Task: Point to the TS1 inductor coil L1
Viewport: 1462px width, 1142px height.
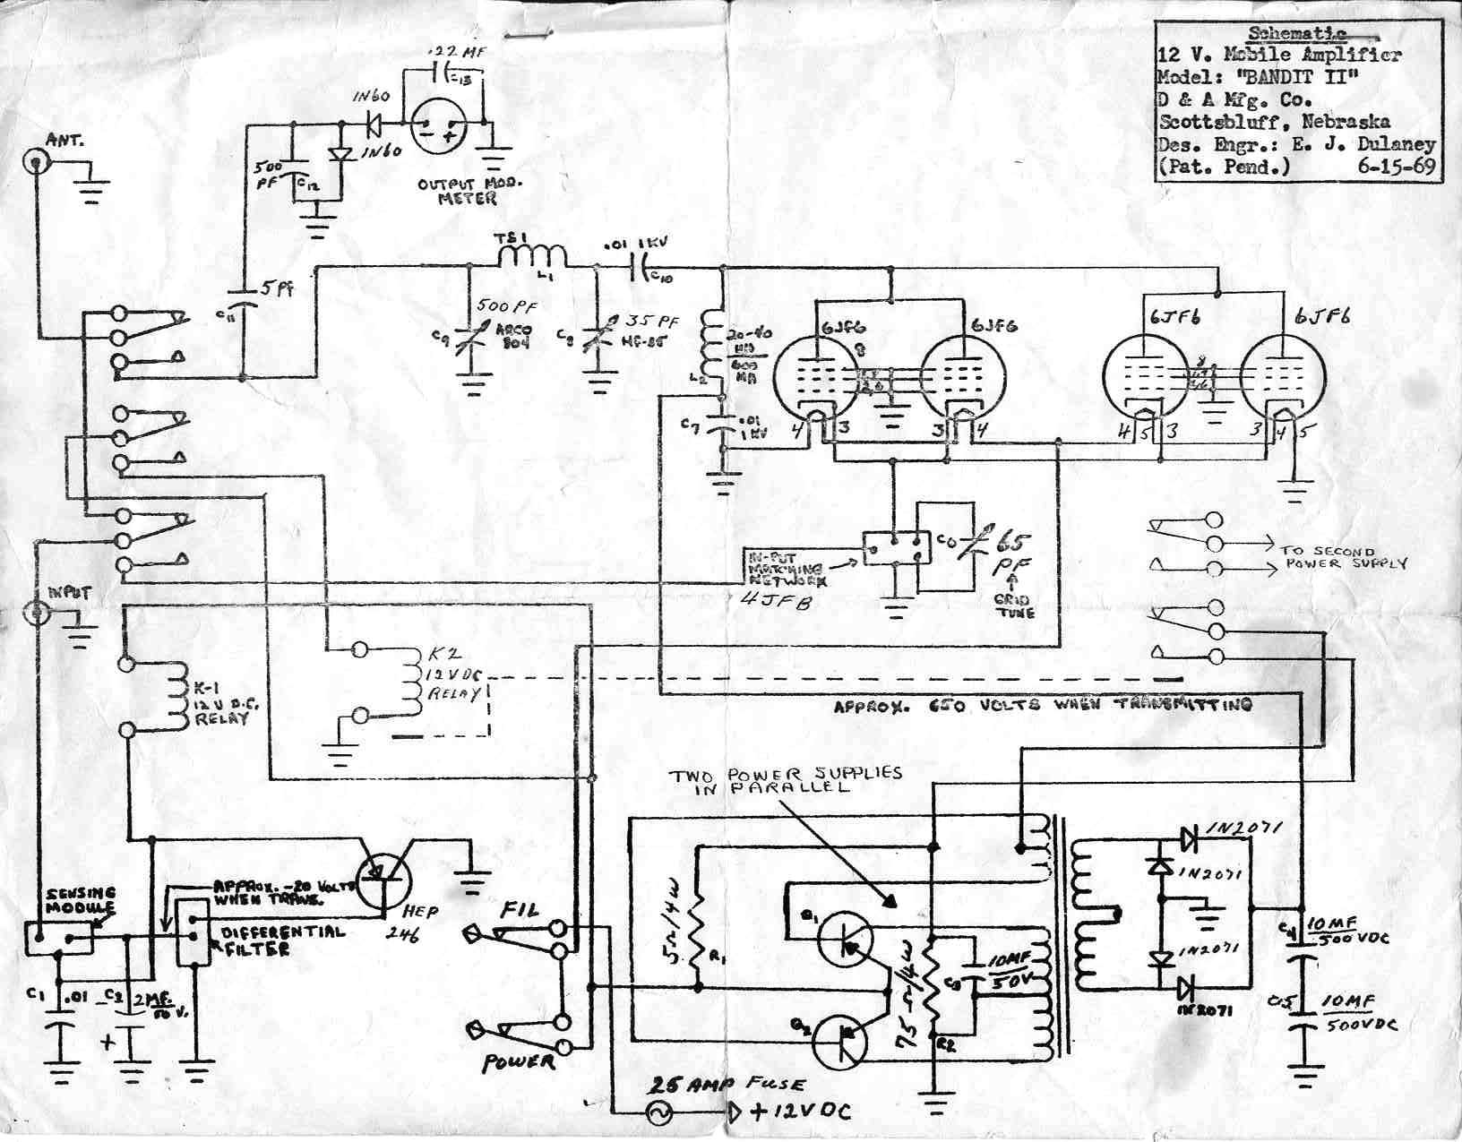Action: point(531,256)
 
